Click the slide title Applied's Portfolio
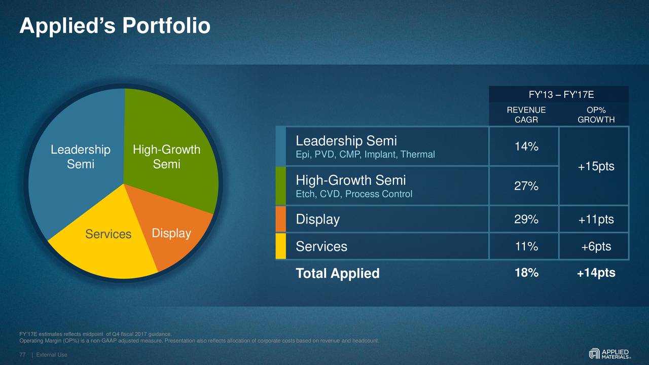[x=115, y=26]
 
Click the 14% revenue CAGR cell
[x=526, y=147]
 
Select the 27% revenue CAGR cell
[x=526, y=186]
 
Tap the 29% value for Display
[x=526, y=220]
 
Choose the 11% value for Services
[x=526, y=246]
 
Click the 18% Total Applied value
[x=526, y=273]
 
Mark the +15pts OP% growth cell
[x=596, y=166]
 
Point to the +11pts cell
[x=596, y=220]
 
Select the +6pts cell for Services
[x=596, y=246]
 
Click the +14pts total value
[x=596, y=273]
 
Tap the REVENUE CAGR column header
[x=526, y=115]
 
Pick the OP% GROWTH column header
[x=596, y=115]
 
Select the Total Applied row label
[x=338, y=274]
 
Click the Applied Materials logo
[x=609, y=353]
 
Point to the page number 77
[x=22, y=355]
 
